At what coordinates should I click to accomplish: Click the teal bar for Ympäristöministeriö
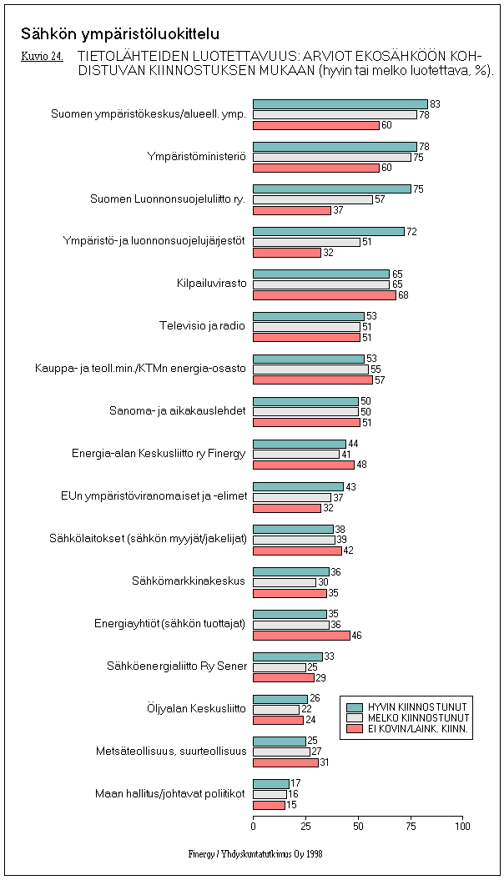[335, 147]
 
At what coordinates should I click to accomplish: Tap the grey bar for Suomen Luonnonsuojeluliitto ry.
[313, 199]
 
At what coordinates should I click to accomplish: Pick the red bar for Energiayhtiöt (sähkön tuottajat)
[301, 635]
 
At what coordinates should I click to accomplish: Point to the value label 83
[435, 104]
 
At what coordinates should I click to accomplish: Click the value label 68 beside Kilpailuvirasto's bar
[403, 295]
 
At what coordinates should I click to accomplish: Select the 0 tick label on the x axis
[254, 826]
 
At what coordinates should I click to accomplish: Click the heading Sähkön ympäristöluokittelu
[120, 34]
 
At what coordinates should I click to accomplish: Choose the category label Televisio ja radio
[203, 325]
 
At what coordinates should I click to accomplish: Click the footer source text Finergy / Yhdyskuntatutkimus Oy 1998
[255, 854]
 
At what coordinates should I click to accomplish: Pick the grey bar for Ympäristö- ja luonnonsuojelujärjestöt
[306, 242]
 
